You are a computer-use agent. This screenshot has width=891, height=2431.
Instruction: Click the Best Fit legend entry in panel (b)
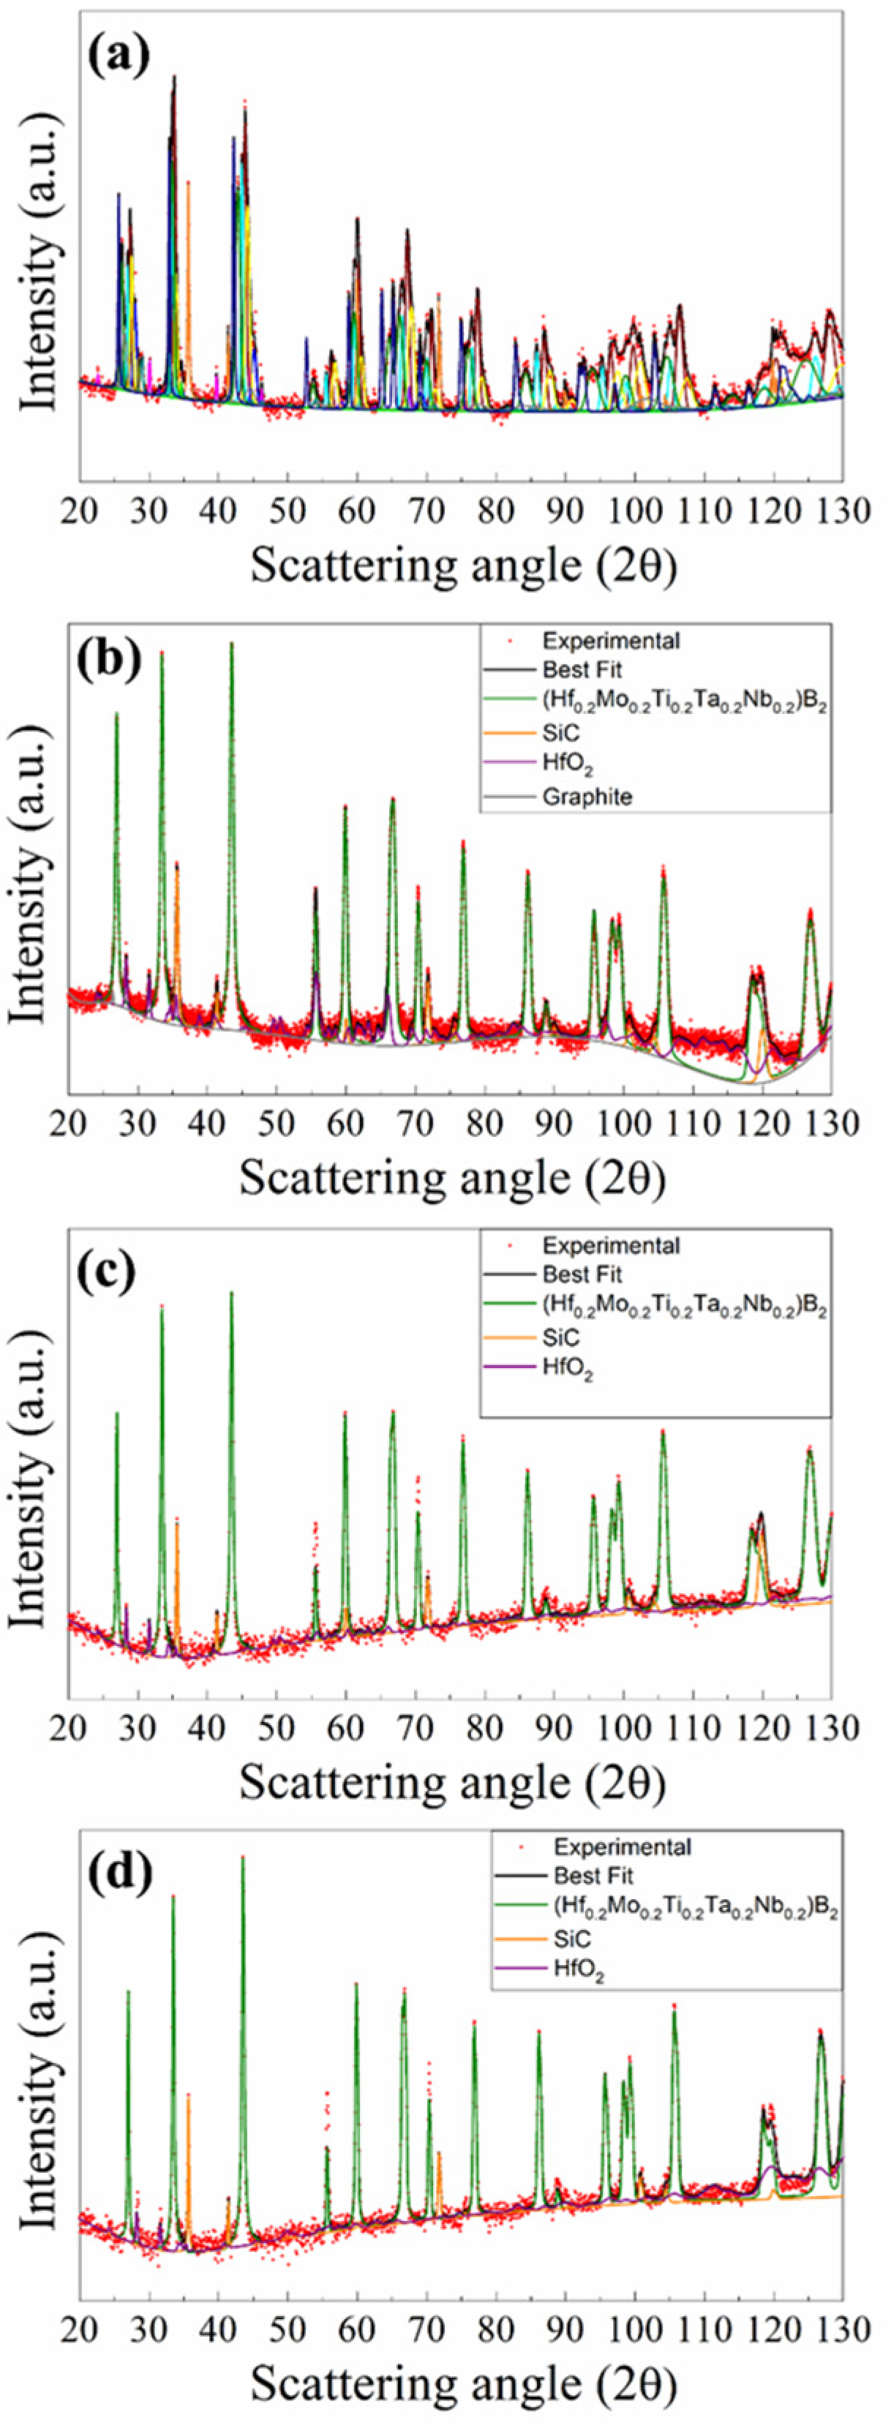pyautogui.click(x=582, y=670)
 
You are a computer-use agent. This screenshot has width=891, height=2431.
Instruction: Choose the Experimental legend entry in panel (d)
pyautogui.click(x=622, y=1846)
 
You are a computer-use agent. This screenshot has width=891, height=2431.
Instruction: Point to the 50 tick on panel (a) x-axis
pyautogui.click(x=287, y=510)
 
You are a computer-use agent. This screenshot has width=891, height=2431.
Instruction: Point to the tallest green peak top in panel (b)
pyautogui.click(x=231, y=645)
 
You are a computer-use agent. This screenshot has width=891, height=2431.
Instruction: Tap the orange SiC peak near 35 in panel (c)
pyautogui.click(x=176, y=1521)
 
